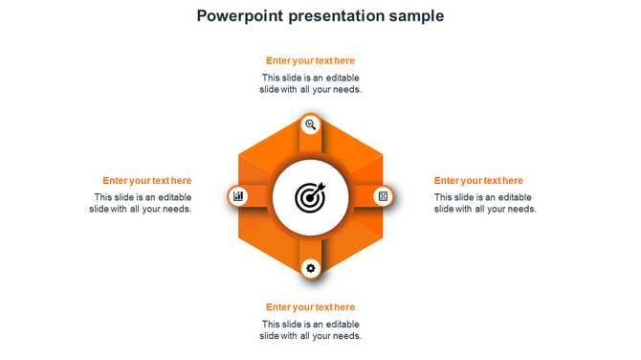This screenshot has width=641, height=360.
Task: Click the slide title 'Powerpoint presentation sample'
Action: point(320,16)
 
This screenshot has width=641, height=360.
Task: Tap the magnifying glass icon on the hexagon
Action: point(310,124)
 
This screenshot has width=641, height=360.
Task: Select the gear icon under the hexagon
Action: point(310,268)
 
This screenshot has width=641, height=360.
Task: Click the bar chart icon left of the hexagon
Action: point(238,196)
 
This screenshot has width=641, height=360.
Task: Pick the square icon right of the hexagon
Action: point(383,196)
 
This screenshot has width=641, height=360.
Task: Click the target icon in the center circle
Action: point(310,197)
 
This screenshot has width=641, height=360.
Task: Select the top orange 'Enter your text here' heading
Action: point(310,60)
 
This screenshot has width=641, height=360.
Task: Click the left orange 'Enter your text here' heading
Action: point(147,180)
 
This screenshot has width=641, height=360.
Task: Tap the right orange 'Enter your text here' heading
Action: point(478,180)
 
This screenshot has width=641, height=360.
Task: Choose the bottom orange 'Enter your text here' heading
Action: point(310,307)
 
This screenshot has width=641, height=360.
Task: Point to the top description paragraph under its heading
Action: point(310,83)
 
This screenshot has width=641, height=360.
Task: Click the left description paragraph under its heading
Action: point(142,203)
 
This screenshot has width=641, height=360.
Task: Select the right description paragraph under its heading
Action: point(485,203)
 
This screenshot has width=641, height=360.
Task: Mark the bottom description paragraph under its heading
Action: point(310,330)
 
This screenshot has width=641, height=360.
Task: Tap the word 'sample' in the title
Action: point(415,16)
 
